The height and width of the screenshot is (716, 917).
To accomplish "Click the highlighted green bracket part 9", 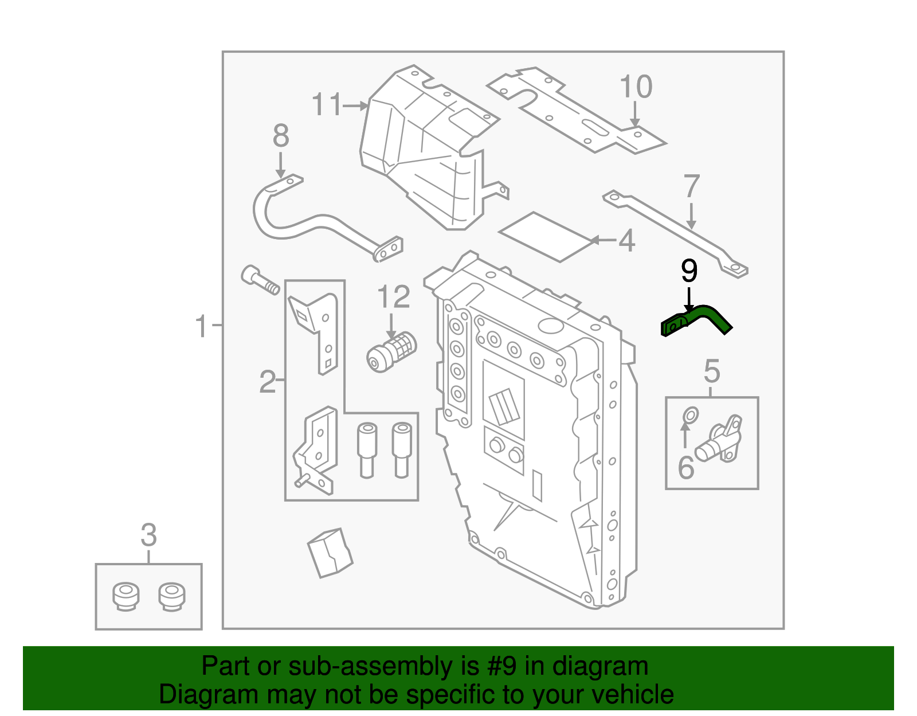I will [x=696, y=320].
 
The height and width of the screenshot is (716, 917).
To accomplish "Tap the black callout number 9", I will [x=689, y=271].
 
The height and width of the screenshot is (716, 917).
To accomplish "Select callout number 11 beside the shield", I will [x=327, y=105].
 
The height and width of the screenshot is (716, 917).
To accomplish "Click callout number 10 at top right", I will [x=636, y=88].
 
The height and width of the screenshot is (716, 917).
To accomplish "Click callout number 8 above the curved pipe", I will [x=280, y=136].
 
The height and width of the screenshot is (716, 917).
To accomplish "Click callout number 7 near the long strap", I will [x=692, y=186].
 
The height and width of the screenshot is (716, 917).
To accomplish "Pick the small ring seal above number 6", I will [x=691, y=414].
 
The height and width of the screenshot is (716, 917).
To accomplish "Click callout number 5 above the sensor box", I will [x=711, y=371].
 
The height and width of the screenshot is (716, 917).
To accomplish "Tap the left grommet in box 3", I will [x=125, y=596].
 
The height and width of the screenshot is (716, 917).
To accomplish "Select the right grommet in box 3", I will [x=171, y=596].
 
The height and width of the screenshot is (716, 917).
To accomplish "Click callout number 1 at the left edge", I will [x=201, y=326].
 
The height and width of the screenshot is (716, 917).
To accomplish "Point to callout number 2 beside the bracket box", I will [x=267, y=382].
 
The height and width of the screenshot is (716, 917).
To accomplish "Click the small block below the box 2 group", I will [x=330, y=553].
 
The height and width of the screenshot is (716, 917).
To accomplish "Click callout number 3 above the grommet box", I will [x=148, y=535].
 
